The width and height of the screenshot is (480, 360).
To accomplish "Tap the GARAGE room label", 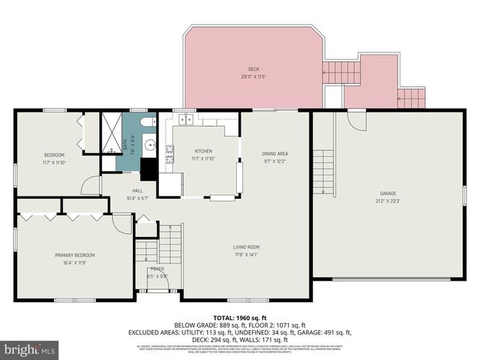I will (x=387, y=193).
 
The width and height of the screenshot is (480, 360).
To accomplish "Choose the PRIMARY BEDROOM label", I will (x=74, y=255).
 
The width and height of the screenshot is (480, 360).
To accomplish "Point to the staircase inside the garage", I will (x=322, y=172).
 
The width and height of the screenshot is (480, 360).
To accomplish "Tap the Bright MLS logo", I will (x=30, y=349).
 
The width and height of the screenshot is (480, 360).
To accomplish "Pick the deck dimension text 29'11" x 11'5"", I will (x=253, y=76).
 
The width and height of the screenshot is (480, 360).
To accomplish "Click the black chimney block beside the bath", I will (x=149, y=169).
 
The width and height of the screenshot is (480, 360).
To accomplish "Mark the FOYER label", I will (x=157, y=268).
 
